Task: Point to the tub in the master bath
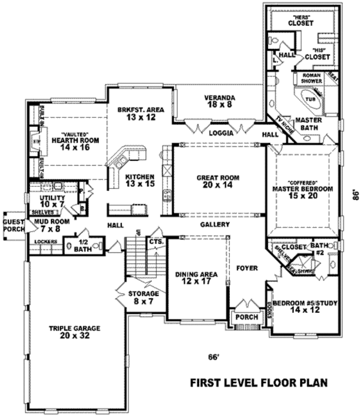[x=310, y=98]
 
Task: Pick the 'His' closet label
[x=317, y=53]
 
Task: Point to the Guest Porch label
[x=12, y=225]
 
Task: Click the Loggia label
[x=220, y=133]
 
